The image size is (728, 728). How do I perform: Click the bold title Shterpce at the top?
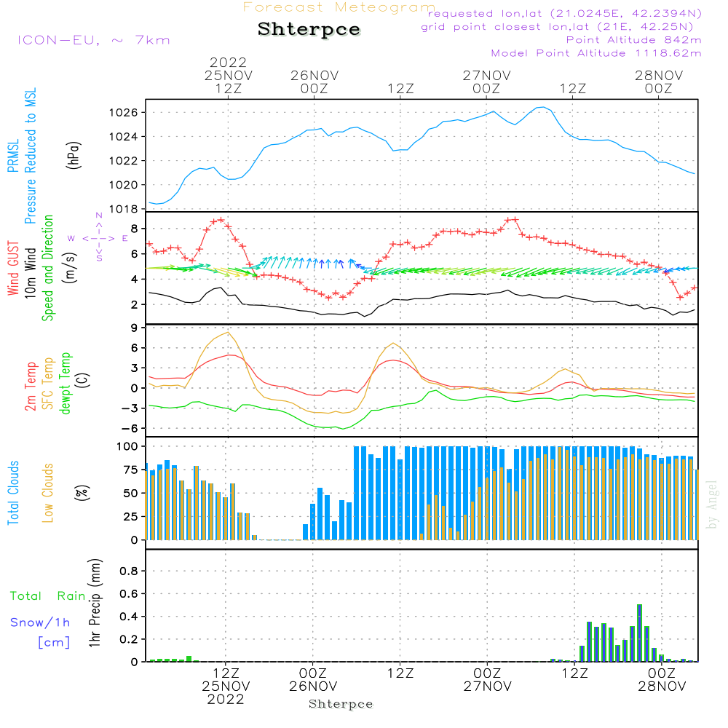[309, 30]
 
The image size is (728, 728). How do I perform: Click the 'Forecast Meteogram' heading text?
[339, 7]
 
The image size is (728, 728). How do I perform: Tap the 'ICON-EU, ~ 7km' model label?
[93, 39]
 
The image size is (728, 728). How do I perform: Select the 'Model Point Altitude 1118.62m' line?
[596, 53]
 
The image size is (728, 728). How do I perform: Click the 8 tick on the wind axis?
[135, 229]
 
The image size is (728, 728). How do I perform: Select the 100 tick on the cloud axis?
[127, 446]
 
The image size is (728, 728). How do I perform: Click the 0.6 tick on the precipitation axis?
[129, 593]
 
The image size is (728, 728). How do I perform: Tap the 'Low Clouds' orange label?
[48, 493]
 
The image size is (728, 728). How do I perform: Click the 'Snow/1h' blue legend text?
[40, 622]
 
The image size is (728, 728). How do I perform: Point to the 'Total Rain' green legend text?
[47, 596]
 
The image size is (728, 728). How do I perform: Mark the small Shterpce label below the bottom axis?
[341, 704]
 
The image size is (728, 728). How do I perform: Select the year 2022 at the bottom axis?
[226, 700]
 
